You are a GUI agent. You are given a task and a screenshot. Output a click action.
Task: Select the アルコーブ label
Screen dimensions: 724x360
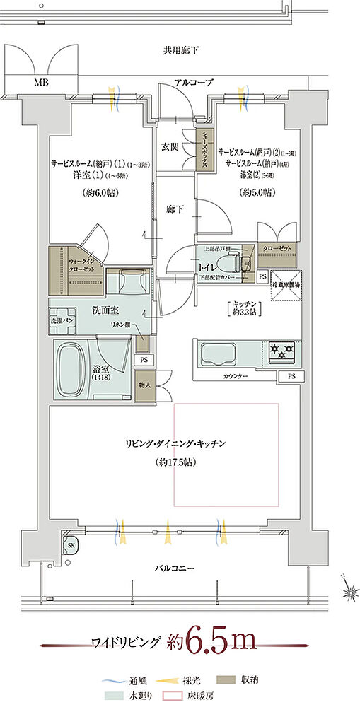coord(193,83)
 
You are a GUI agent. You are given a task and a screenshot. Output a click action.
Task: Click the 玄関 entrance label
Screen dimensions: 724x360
coord(169,146)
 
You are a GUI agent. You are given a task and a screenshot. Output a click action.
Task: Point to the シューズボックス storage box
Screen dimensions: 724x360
coord(203,148)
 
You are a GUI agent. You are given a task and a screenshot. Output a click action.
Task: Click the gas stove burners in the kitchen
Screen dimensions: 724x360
coord(281,350)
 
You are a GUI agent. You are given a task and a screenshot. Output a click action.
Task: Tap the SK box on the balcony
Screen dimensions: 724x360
coord(71,545)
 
